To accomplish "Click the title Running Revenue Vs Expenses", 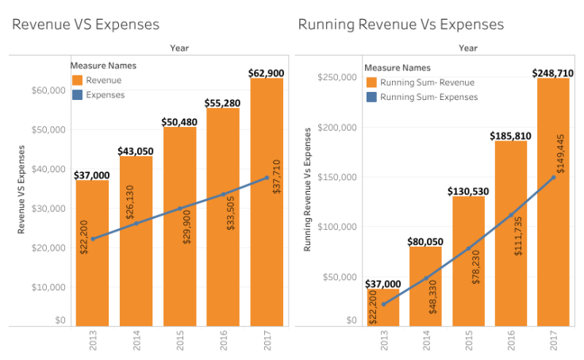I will pos(401,25).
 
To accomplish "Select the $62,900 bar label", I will pos(267,73).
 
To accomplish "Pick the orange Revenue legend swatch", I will pos(77,80).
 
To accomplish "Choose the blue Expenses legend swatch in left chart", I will pos(77,94).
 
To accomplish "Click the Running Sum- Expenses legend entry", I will pos(428,97).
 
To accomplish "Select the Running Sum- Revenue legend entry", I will pos(427,82).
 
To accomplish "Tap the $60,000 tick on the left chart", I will pos(48,90).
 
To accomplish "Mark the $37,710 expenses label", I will pos(267,196).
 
